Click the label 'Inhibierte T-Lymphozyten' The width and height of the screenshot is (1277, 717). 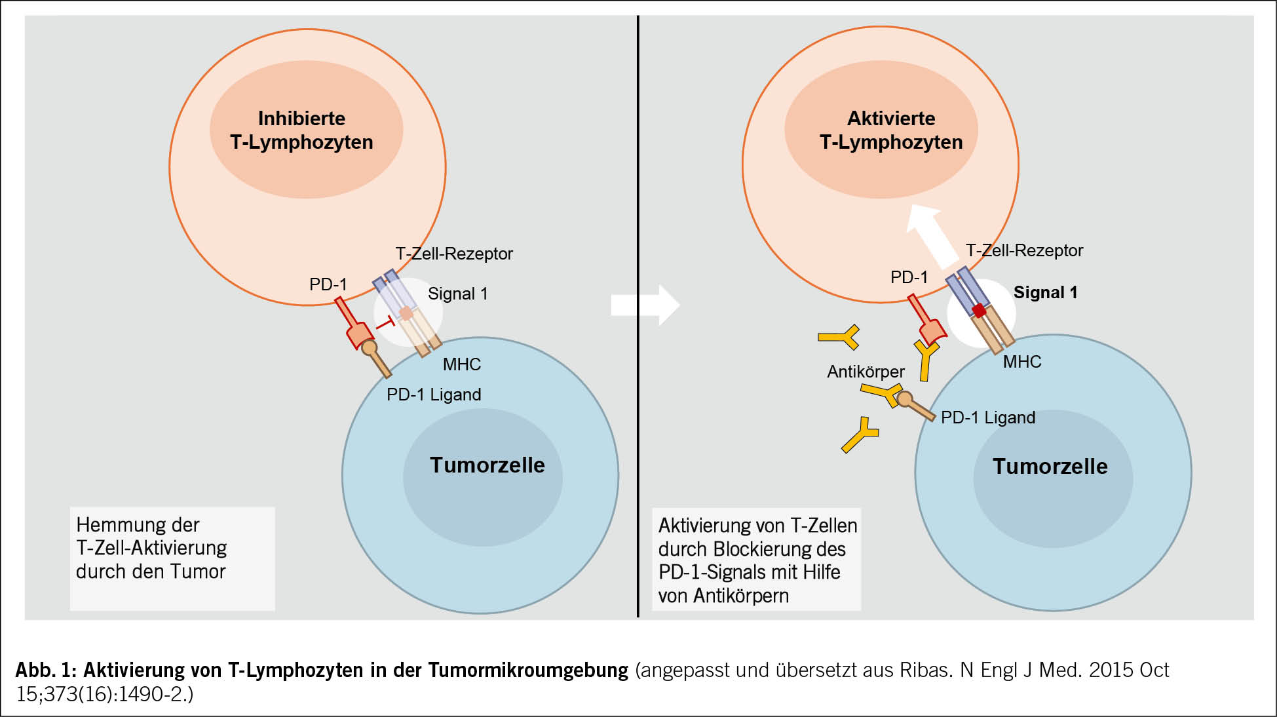[x=301, y=130]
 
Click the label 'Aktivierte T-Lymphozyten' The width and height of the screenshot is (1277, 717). [x=891, y=130]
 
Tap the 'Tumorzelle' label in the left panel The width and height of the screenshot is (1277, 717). [x=487, y=465]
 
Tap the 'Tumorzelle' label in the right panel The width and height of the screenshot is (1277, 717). [x=1050, y=467]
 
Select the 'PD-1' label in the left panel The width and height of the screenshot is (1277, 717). [x=328, y=284]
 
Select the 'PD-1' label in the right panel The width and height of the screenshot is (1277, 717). [x=909, y=278]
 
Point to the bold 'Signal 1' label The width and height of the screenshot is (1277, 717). [x=1045, y=293]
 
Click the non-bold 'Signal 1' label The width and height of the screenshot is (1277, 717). [x=457, y=294]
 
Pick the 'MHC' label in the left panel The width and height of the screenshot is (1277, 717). [x=461, y=364]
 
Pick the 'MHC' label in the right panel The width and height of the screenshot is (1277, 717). [x=1021, y=362]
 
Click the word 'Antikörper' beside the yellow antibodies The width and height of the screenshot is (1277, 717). [x=866, y=372]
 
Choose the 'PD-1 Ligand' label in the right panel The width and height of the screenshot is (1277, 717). [x=987, y=418]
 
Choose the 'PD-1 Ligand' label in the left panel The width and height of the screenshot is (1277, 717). [x=434, y=395]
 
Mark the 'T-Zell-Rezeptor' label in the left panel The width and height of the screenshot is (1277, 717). [x=453, y=254]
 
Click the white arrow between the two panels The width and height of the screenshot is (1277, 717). [x=646, y=305]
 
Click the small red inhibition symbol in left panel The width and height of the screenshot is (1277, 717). [x=386, y=322]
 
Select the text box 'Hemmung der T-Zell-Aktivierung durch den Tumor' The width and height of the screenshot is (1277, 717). [x=172, y=558]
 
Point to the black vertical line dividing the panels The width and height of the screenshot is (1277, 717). [x=638, y=315]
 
